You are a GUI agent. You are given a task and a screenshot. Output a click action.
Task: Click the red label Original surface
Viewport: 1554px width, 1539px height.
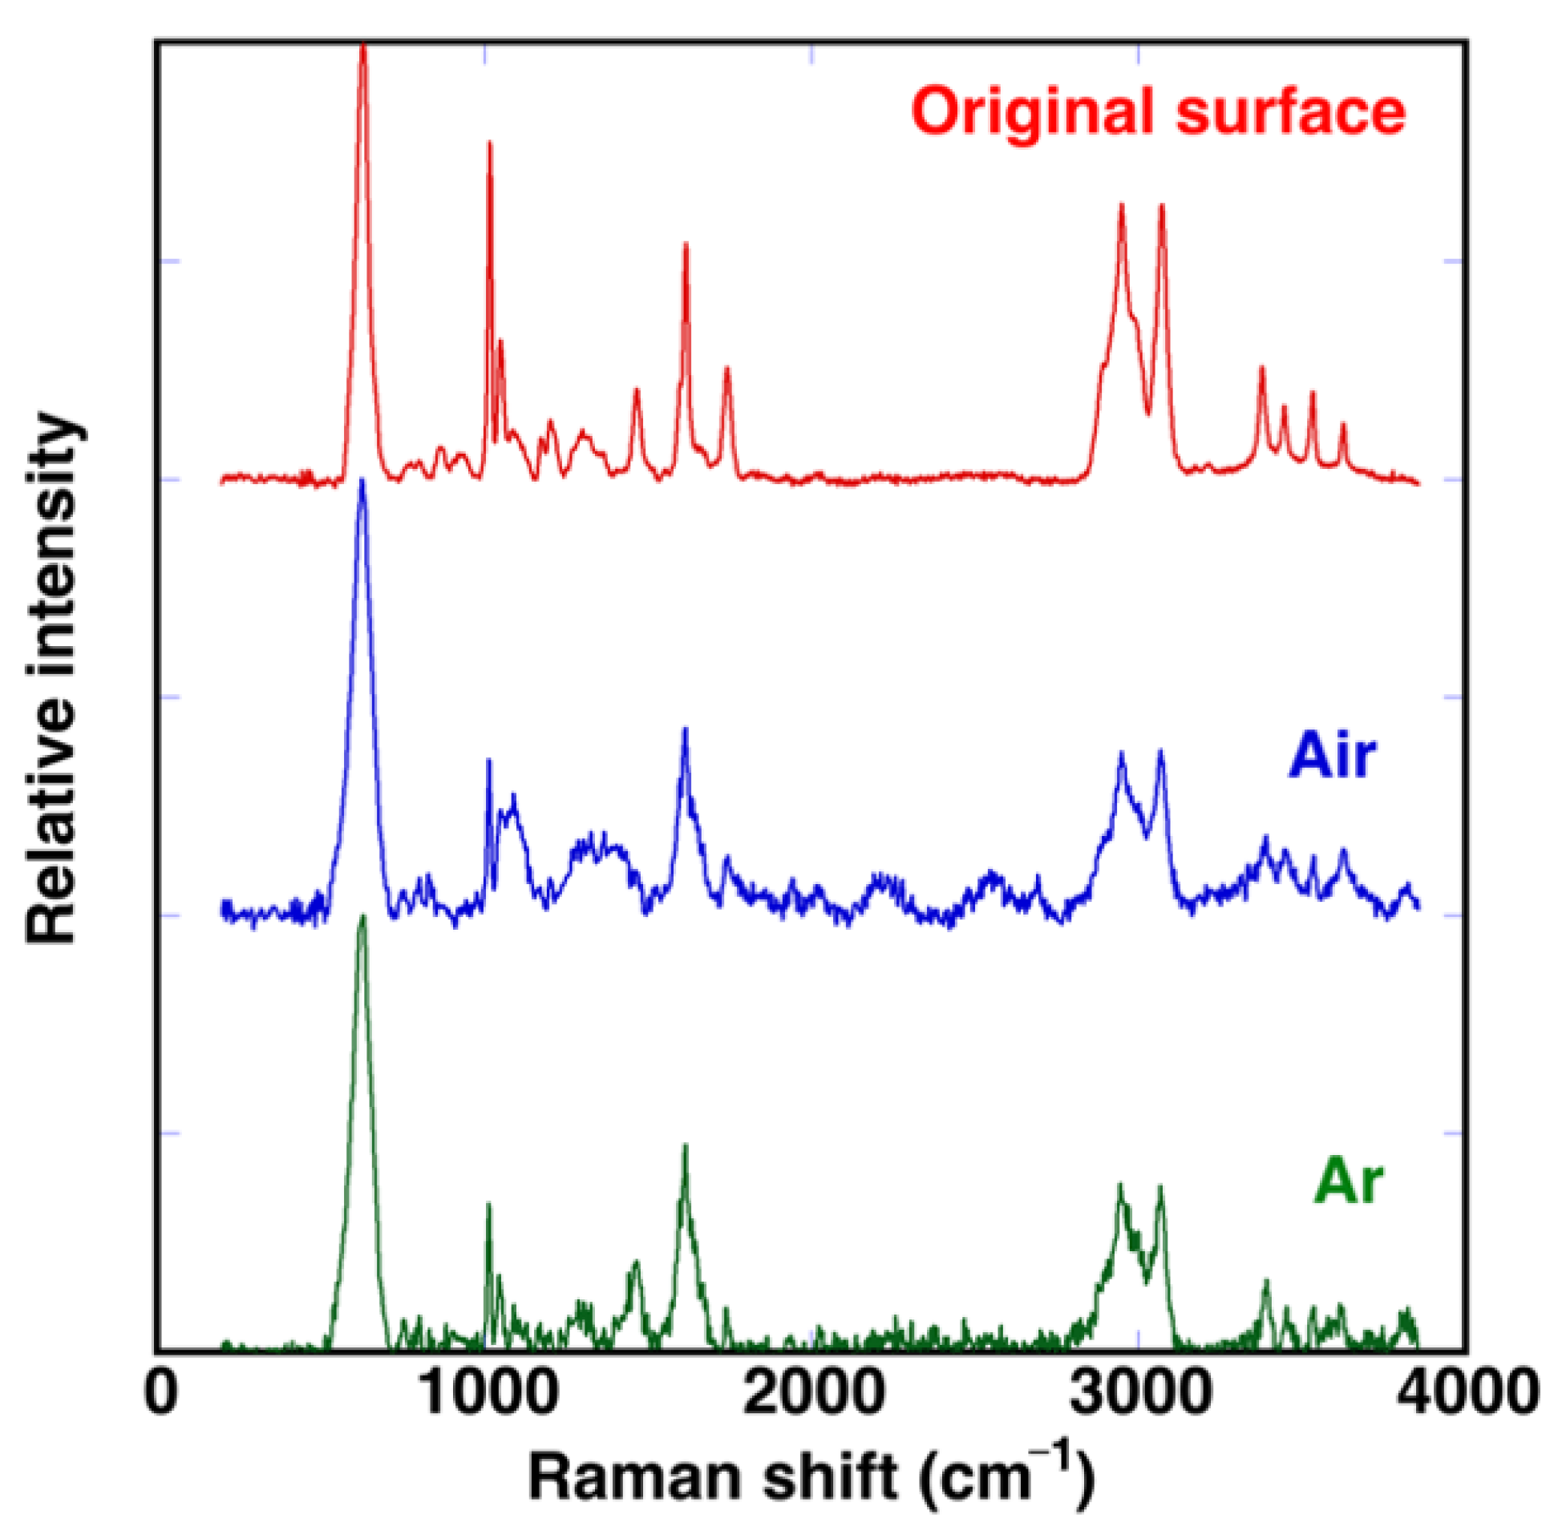pyautogui.click(x=1159, y=113)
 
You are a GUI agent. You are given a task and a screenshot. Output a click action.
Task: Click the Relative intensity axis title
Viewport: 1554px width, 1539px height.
pyautogui.click(x=53, y=680)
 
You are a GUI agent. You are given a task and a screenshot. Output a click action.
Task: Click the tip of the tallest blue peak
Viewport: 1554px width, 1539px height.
pyautogui.click(x=362, y=481)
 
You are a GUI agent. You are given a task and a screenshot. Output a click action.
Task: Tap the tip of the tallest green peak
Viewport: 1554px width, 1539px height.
pyautogui.click(x=362, y=916)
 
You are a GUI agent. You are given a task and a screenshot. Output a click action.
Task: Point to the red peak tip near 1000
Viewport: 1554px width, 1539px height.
pyautogui.click(x=489, y=143)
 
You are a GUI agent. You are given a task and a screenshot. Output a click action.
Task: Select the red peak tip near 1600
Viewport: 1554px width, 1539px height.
pyautogui.click(x=686, y=244)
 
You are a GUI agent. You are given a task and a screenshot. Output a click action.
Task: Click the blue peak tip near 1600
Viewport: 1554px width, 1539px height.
pyautogui.click(x=686, y=729)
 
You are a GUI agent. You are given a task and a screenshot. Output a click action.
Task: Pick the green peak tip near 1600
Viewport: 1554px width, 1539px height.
pyautogui.click(x=686, y=1145)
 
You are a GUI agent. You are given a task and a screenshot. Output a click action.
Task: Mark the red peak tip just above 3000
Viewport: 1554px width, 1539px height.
pyautogui.click(x=1161, y=206)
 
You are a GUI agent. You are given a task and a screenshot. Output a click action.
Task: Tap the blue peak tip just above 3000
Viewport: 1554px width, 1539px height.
pyautogui.click(x=1160, y=750)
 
